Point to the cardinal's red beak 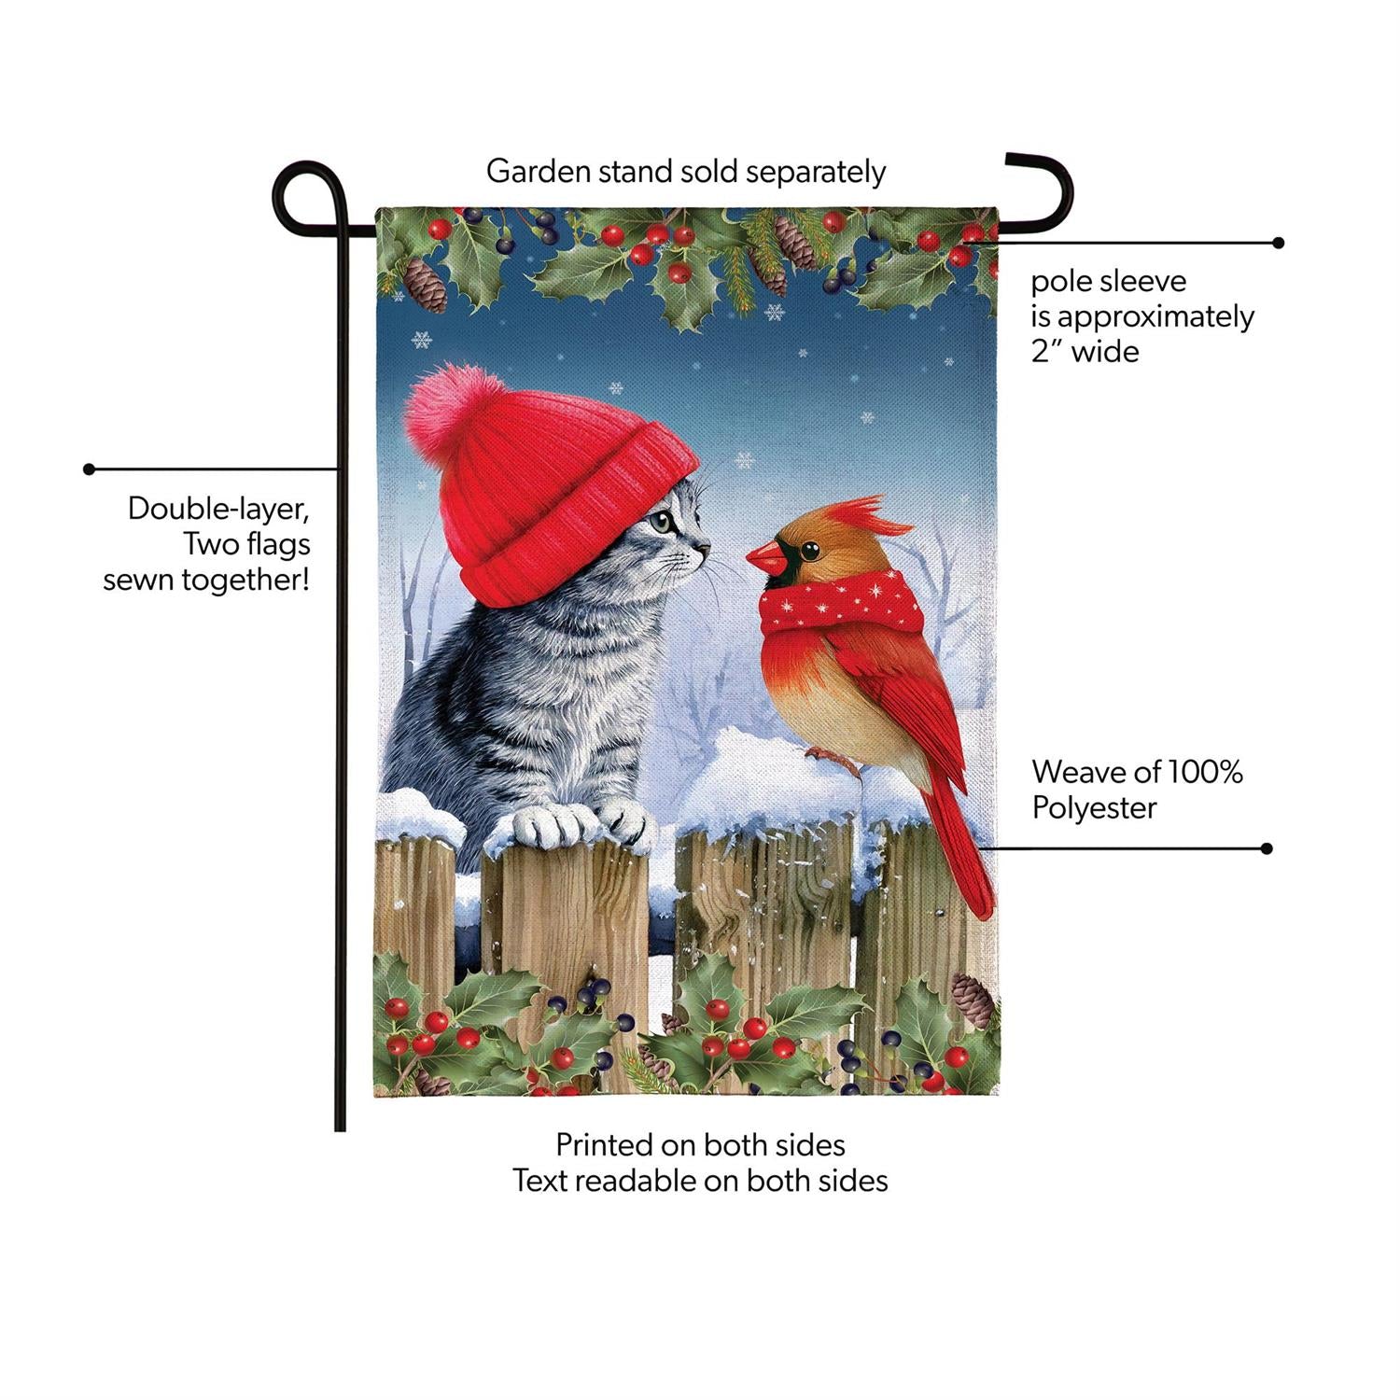coord(766,558)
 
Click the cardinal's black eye coord(808,551)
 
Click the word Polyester coord(1094,807)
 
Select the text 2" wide coord(1085,351)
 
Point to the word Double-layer coord(218,509)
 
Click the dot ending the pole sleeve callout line coord(1279,243)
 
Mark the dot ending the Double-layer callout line coord(90,469)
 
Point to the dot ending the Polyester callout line coord(1267,848)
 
